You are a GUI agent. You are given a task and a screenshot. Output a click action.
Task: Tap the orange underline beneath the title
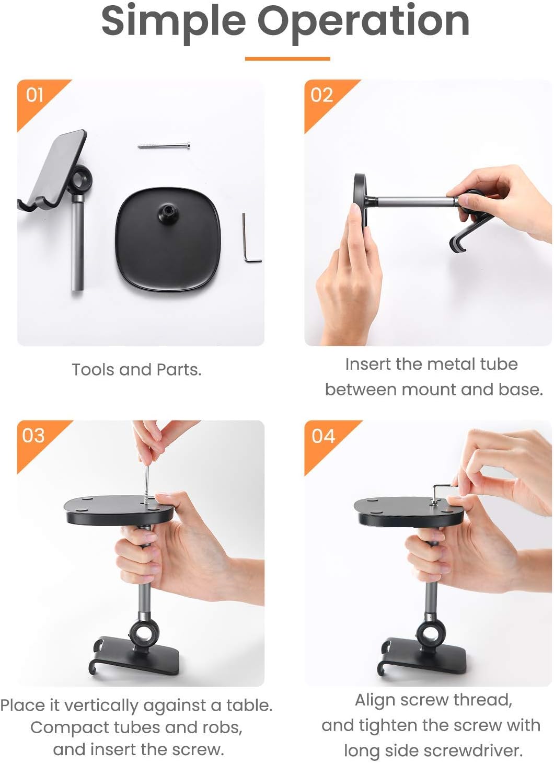(x=287, y=59)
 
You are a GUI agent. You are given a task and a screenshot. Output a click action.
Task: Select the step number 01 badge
(x=34, y=95)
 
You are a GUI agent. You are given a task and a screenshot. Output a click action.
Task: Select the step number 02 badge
(x=321, y=95)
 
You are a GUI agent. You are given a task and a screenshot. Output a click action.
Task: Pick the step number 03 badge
(x=33, y=436)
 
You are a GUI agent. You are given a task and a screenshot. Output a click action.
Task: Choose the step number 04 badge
(x=323, y=436)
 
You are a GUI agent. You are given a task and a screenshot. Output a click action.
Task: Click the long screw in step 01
(x=164, y=146)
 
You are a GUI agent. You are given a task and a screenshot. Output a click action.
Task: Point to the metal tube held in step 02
(x=415, y=201)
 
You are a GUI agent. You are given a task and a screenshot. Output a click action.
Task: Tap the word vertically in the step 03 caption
(x=101, y=706)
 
